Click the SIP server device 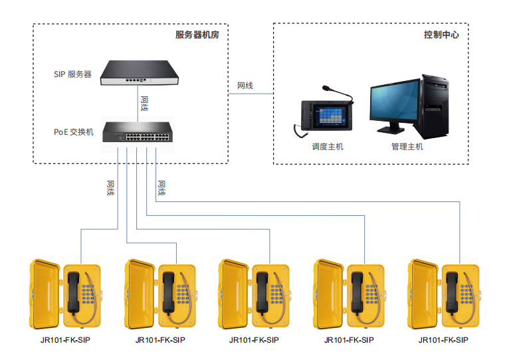tap(140, 73)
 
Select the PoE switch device tap(138, 132)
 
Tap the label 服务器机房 tap(197, 35)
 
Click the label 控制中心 tap(441, 35)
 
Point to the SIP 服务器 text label tap(72, 74)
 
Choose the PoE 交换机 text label tap(74, 132)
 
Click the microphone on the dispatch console tap(338, 93)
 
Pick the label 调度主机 tap(328, 147)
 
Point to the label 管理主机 tap(407, 147)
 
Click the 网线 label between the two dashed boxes tap(245, 86)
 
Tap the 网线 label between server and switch tap(145, 104)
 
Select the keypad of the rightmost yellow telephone tap(466, 294)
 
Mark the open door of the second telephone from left tap(140, 294)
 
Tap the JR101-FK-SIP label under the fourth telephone tap(349, 340)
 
